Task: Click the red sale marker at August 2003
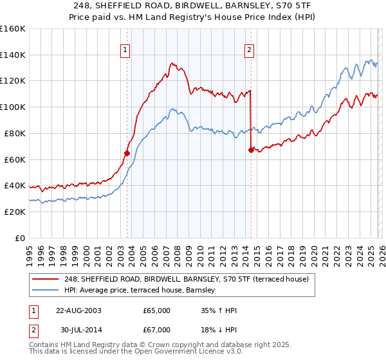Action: pos(127,153)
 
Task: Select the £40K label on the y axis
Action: pos(15,186)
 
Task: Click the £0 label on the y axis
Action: pos(19,239)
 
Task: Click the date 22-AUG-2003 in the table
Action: pos(78,310)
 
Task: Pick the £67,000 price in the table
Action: pos(156,331)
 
